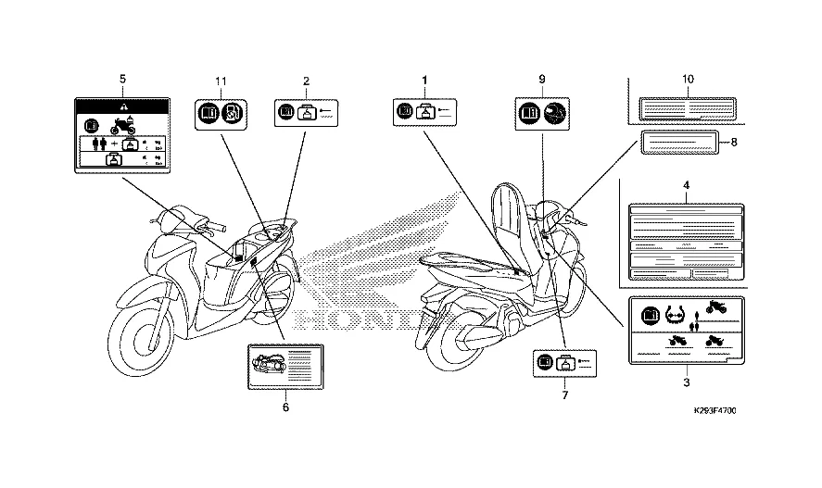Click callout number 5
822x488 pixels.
123,81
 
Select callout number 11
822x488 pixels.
221,81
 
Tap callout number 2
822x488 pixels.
306,81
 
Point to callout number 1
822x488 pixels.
424,81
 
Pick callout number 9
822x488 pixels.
541,81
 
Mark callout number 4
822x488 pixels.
687,186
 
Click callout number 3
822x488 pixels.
687,382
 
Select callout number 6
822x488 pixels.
285,407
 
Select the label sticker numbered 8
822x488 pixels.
679,144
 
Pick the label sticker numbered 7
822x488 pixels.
565,364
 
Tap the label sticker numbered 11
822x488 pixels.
221,114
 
